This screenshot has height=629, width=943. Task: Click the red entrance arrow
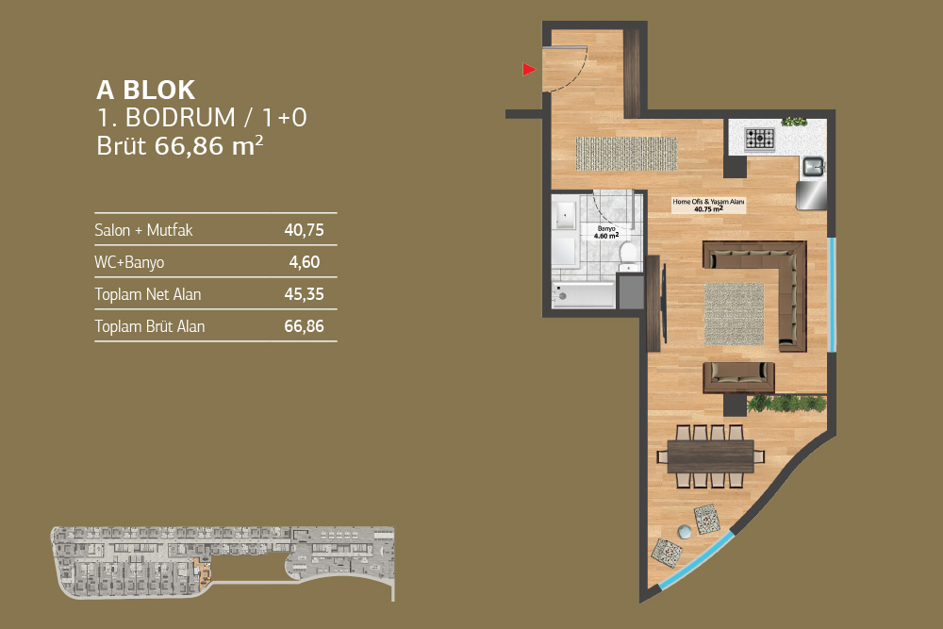coord(529,70)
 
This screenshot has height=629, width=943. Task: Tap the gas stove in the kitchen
coord(760,139)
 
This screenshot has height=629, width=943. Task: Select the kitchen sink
coord(813,167)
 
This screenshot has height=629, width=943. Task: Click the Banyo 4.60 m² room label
coord(606,233)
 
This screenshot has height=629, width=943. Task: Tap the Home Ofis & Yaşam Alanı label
coord(708,206)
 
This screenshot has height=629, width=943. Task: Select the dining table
coord(710,456)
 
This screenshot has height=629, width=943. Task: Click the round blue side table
coord(685,532)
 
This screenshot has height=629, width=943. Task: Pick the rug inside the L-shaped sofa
coord(734,314)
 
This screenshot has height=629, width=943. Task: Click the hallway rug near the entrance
coord(626,154)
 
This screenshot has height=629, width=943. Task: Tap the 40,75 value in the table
coord(304,230)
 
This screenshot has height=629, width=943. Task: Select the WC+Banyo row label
coord(129,262)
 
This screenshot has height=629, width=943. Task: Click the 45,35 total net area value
coord(304,294)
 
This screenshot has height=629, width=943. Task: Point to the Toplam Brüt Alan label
coord(150,326)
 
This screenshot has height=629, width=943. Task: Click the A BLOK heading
coord(145,91)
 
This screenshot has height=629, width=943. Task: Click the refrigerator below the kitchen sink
coord(811,195)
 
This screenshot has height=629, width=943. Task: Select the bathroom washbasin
coord(565,215)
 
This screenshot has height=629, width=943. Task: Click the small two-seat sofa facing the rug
coord(738,377)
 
